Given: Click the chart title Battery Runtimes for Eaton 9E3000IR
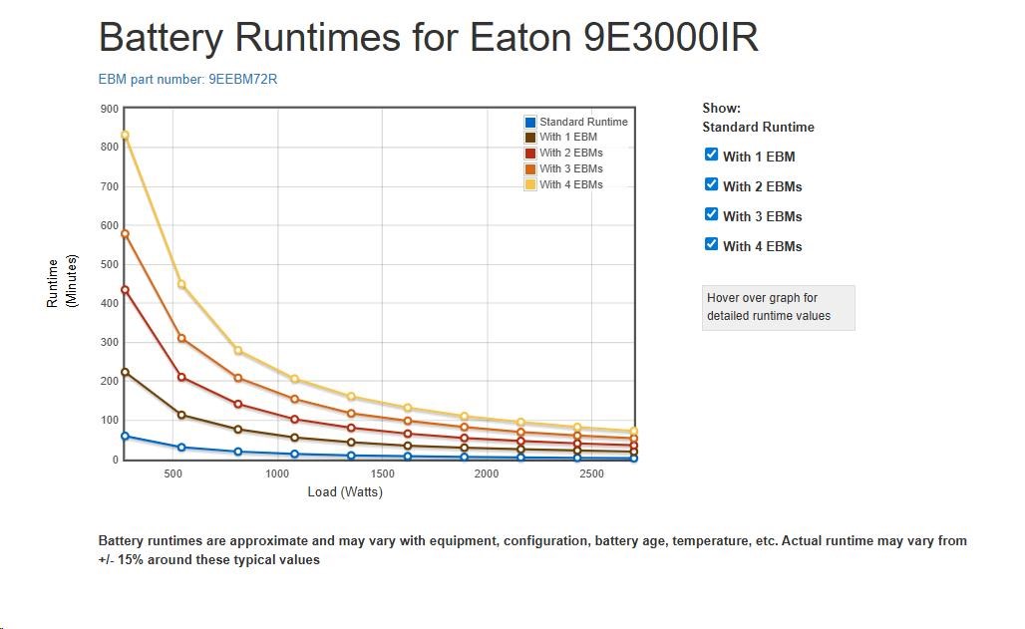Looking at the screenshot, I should pos(428,38).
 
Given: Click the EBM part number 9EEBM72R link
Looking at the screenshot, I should pos(187,80).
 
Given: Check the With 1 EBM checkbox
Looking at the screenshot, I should pos(711,155).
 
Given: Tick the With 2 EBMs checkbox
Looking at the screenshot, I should pos(711,184).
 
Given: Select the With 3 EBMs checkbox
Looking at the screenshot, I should pos(711,214).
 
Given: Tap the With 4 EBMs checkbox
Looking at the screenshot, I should pos(711,244).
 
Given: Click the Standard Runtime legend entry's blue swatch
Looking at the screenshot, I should pos(530,122).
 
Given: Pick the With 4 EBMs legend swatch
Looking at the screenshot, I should pos(530,184).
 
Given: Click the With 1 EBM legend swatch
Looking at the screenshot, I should pos(530,138).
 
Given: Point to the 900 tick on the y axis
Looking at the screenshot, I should pos(109,109).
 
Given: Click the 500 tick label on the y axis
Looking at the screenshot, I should pos(109,265).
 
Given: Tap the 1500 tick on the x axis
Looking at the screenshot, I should pos(382,474).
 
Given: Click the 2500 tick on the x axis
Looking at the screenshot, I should pos(591,474).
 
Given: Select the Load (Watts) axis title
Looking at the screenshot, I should pos(345,492).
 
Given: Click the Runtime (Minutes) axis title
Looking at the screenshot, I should pos(62,281).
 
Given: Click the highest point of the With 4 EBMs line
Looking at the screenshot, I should pos(125,135).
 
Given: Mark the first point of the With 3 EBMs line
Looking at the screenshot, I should pos(125,233).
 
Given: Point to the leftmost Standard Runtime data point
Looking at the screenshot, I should pos(125,436).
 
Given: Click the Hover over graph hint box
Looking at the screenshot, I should pos(778,307).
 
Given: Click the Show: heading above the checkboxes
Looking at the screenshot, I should pos(721,108).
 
